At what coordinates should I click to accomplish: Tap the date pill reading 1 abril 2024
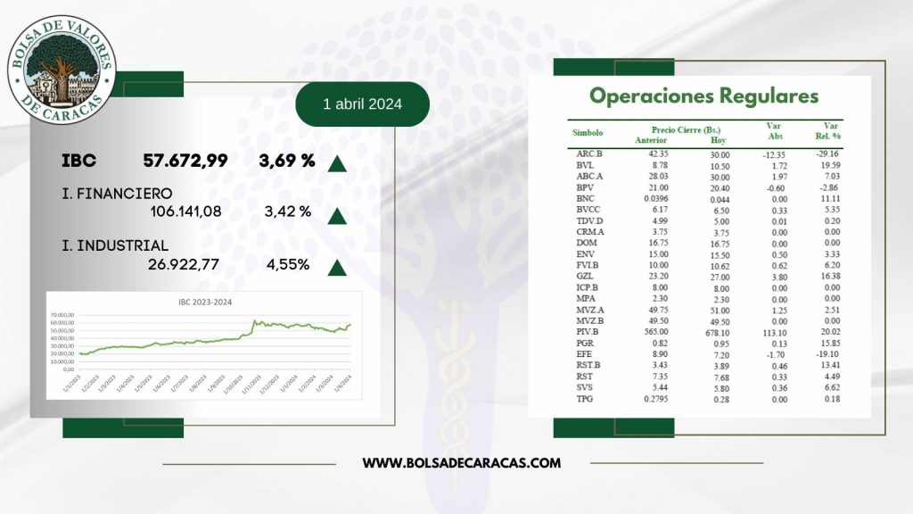tap(362, 104)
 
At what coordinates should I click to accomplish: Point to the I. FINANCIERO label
tap(118, 193)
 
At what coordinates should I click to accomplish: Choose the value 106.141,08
tap(185, 211)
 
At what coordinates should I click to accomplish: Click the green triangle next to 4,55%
tap(337, 267)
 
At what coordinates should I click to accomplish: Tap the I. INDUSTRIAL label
tap(115, 245)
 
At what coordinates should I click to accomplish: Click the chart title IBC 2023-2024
tap(203, 303)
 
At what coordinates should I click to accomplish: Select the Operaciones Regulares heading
tap(703, 95)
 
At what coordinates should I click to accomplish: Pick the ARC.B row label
tap(589, 153)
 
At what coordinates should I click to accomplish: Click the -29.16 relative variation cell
tap(828, 153)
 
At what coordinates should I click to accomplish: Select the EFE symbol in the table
tap(585, 353)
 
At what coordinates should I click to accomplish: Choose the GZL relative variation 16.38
tap(828, 278)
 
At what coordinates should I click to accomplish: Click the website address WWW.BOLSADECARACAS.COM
tap(462, 462)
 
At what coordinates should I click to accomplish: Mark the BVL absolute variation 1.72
tap(774, 166)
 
